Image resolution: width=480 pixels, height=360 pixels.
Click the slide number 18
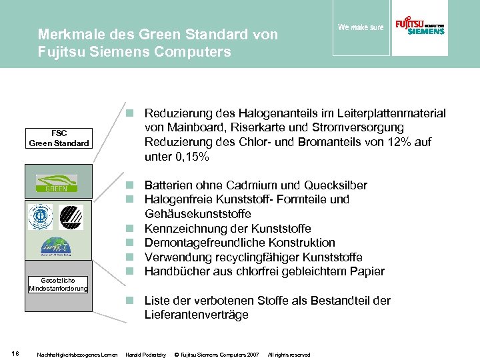point(16,353)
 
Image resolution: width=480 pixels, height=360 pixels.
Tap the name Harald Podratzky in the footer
point(145,354)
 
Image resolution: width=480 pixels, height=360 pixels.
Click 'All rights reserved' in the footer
point(289,354)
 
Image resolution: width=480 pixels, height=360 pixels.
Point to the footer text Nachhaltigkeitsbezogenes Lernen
point(78,354)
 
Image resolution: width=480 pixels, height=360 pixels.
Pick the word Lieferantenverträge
point(197,315)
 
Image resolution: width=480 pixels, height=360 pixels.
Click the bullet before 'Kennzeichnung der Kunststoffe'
point(133,229)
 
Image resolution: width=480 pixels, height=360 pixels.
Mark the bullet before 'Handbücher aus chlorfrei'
point(133,271)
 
